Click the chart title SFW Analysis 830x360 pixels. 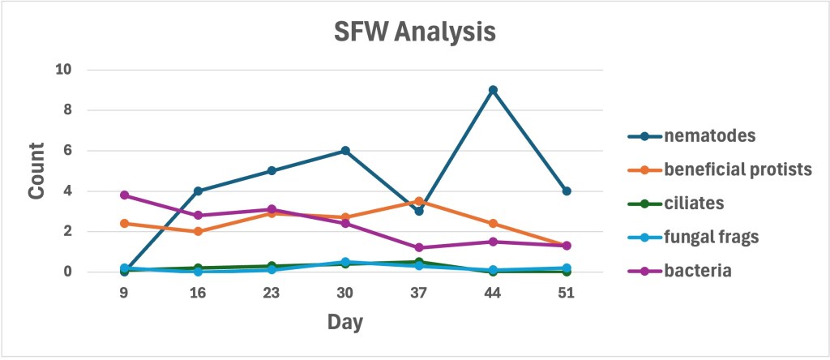414,33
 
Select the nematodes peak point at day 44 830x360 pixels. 493,90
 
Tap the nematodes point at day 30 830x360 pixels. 345,151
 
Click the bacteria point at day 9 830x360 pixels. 124,195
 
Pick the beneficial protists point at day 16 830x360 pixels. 198,231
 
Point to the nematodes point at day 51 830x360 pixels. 567,191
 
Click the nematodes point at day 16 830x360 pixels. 198,191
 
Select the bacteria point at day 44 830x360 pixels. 493,242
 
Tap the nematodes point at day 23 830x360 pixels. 272,171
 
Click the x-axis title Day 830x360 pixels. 345,323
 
